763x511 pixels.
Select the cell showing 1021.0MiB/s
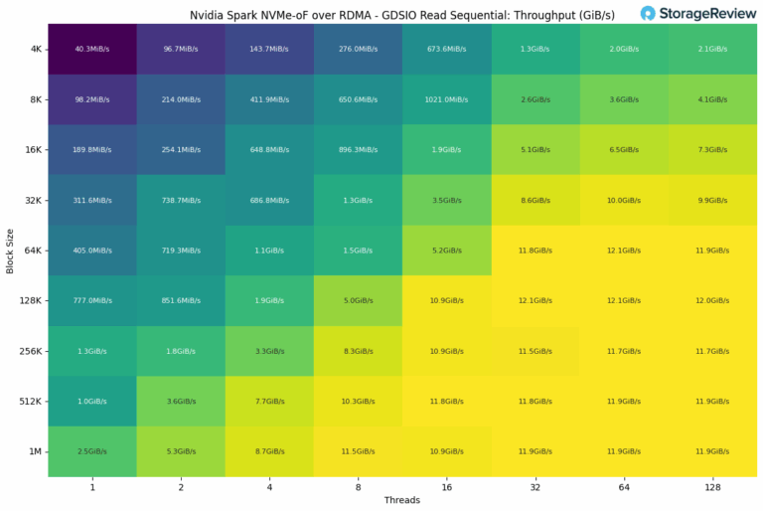click(x=448, y=98)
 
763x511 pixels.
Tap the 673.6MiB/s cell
click(x=448, y=49)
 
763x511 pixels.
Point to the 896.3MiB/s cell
click(x=359, y=149)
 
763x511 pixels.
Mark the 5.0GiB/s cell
click(x=359, y=300)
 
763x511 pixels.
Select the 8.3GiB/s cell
click(x=359, y=351)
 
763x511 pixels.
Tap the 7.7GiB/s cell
click(x=268, y=401)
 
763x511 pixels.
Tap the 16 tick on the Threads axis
click(x=448, y=486)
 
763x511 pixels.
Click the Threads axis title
click(x=402, y=500)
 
